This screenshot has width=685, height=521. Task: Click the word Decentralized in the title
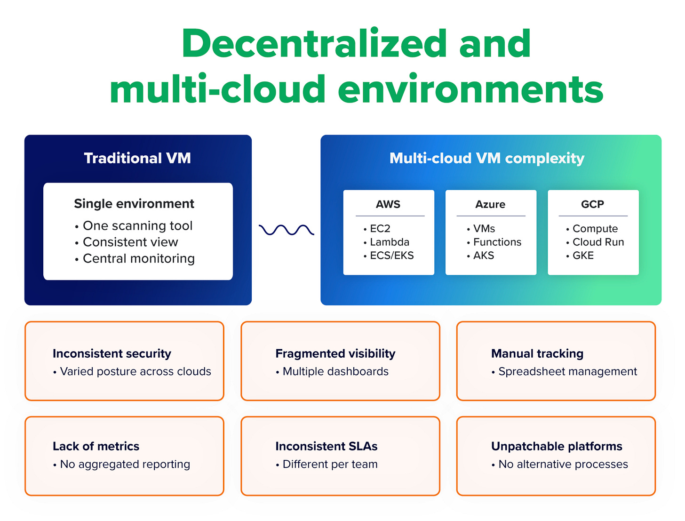(x=314, y=44)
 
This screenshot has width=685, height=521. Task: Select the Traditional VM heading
(x=137, y=158)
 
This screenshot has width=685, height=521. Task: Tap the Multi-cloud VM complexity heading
(x=487, y=158)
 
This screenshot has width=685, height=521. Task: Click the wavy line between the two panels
(x=286, y=230)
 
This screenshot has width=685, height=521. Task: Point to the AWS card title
(x=388, y=204)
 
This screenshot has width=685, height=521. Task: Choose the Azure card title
(x=490, y=204)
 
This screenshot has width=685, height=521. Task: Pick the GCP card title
(x=592, y=204)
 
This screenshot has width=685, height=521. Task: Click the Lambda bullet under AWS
(x=390, y=242)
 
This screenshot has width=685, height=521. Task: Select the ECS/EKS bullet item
(x=391, y=256)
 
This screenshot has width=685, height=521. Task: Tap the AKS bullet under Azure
(x=484, y=256)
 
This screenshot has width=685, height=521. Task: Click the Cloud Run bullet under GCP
(x=598, y=242)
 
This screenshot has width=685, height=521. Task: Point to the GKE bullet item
(x=583, y=256)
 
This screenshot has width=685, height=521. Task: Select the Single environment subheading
(x=134, y=204)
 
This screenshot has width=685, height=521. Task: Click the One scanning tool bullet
(x=137, y=226)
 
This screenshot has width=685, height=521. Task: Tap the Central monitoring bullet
(x=138, y=258)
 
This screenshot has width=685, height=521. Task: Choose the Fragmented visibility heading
(x=335, y=353)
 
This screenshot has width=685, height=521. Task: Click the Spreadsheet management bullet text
(x=567, y=371)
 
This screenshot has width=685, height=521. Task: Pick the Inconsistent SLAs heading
(x=327, y=446)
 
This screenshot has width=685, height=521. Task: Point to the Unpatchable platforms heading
(x=557, y=446)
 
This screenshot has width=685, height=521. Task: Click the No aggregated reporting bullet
(x=125, y=464)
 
